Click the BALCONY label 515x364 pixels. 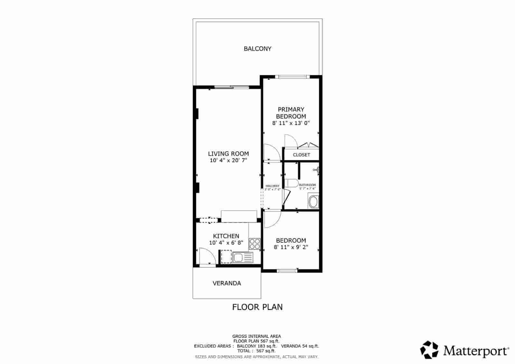(x=257, y=49)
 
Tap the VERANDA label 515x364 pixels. (x=227, y=283)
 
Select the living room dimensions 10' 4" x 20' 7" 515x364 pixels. (x=228, y=160)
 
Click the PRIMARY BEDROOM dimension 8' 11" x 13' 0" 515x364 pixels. (x=291, y=123)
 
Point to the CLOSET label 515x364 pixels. (x=301, y=155)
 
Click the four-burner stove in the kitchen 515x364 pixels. (x=255, y=244)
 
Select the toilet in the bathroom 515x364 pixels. (x=292, y=183)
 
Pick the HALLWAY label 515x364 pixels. (x=272, y=186)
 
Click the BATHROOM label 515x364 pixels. (x=307, y=185)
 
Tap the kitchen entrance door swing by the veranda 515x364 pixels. (x=207, y=257)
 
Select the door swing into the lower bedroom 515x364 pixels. (x=272, y=219)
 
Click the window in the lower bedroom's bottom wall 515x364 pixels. (x=287, y=271)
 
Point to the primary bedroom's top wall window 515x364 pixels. (x=292, y=77)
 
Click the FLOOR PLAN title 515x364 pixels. (x=257, y=307)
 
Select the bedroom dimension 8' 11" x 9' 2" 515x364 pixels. (x=291, y=247)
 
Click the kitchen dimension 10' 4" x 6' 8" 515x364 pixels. (x=226, y=243)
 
